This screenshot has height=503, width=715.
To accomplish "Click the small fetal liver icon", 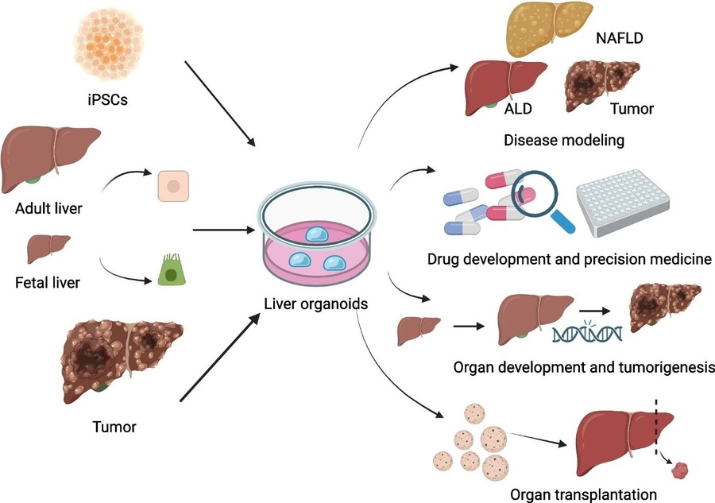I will click(44, 250).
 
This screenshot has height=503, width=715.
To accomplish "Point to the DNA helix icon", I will click(586, 333).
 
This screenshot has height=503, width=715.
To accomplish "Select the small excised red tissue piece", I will click(679, 471).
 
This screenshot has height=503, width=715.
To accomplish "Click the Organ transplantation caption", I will click(574, 493).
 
